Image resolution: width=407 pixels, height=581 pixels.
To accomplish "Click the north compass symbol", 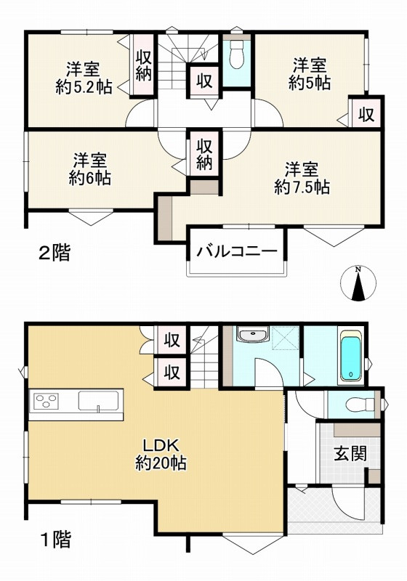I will pos(357,284).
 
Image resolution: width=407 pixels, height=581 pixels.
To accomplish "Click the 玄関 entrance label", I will pos(349,455).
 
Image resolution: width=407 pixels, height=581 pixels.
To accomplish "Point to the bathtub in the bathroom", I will pos(350,357).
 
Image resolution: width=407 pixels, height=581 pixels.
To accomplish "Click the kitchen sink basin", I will pos(100,402).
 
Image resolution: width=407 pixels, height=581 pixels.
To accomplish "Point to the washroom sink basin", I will pos(251,336).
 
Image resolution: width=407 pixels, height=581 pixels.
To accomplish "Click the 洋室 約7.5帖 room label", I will pos(302,178).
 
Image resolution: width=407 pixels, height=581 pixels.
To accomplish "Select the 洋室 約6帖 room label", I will pos(90,168).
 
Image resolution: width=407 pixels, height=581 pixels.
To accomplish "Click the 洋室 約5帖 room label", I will pos(311,73).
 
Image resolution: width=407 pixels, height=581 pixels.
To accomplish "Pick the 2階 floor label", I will pos(55,253).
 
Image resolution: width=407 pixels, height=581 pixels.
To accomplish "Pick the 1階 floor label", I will pos(55,540).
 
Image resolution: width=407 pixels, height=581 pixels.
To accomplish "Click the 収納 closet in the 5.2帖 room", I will pos(143,65).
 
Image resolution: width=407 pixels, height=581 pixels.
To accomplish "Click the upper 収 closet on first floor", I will pos(172,339).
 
